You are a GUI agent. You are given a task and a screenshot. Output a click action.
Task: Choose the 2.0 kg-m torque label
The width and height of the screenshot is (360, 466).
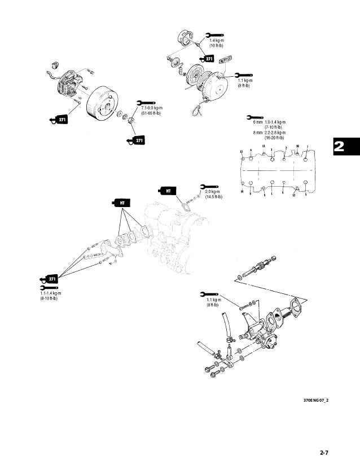[212, 192]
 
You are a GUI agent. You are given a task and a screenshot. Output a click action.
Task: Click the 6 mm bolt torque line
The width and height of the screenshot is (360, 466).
[269, 122]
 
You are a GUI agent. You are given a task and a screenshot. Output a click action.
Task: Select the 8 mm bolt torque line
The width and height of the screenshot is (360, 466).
[269, 133]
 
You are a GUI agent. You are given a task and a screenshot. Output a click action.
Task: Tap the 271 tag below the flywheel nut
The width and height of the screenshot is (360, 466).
[137, 140]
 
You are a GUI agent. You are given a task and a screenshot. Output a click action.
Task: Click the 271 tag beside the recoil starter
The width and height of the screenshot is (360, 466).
[207, 58]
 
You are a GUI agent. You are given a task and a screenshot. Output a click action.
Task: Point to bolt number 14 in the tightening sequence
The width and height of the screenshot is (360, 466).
[242, 192]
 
